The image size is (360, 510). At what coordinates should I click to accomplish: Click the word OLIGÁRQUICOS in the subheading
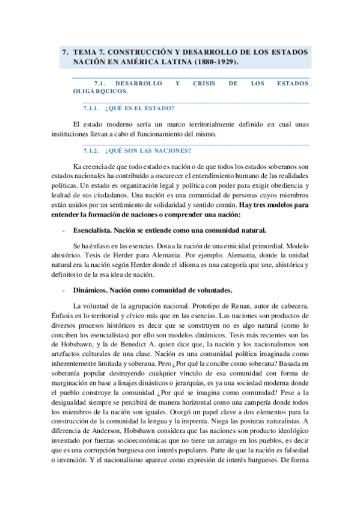click(99, 92)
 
